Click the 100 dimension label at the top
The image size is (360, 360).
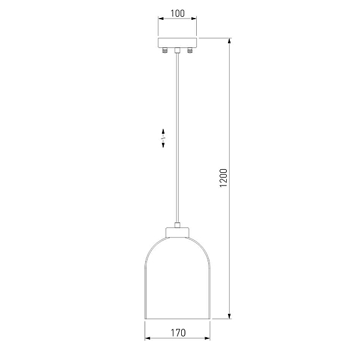(x=177, y=13)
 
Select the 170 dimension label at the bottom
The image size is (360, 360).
(x=178, y=333)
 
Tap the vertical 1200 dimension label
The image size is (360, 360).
(x=223, y=178)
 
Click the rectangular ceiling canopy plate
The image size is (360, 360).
(x=177, y=43)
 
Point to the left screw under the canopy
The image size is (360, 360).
(x=165, y=50)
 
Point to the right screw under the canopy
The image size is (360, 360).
(x=190, y=50)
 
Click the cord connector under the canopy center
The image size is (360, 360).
(x=177, y=50)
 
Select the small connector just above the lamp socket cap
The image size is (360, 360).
(x=177, y=225)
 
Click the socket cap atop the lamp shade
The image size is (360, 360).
(x=177, y=232)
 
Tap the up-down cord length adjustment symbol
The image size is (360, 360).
(x=163, y=138)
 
